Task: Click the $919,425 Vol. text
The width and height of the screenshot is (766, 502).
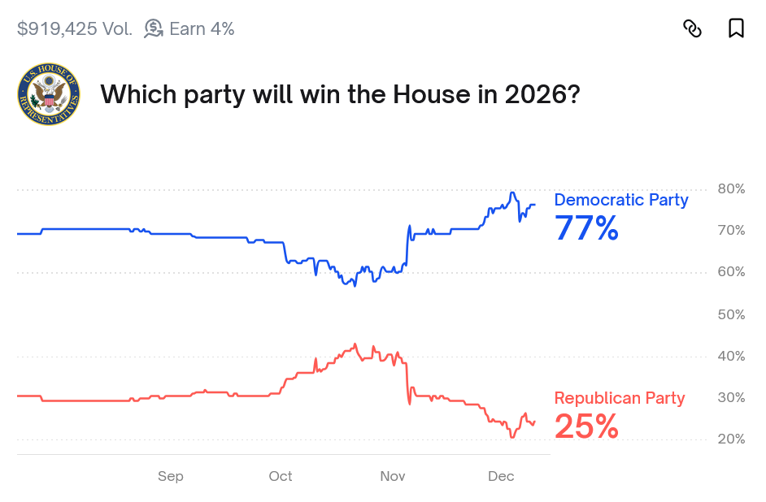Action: [74, 29]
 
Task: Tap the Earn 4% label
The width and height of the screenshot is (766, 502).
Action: [202, 29]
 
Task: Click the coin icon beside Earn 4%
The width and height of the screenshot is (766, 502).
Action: [153, 28]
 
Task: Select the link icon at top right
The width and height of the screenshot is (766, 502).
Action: [692, 28]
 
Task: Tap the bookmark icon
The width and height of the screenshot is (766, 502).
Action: [736, 28]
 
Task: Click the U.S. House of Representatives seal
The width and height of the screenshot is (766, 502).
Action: [49, 95]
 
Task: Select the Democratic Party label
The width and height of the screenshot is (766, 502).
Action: [621, 200]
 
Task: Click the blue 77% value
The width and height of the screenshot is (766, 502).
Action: [586, 228]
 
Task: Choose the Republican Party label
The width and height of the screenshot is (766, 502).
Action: [620, 398]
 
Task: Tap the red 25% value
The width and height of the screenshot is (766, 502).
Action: [586, 426]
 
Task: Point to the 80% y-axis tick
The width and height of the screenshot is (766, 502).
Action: [731, 189]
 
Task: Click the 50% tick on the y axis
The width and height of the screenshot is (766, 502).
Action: [731, 314]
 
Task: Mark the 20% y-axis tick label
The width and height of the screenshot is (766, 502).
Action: [731, 439]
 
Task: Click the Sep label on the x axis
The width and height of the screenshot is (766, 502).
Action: [171, 477]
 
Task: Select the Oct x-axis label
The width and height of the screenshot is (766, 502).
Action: [281, 477]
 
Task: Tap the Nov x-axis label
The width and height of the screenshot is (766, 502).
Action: [393, 477]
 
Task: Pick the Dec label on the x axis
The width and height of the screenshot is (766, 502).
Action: [501, 477]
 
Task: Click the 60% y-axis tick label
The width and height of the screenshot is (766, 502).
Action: [731, 272]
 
